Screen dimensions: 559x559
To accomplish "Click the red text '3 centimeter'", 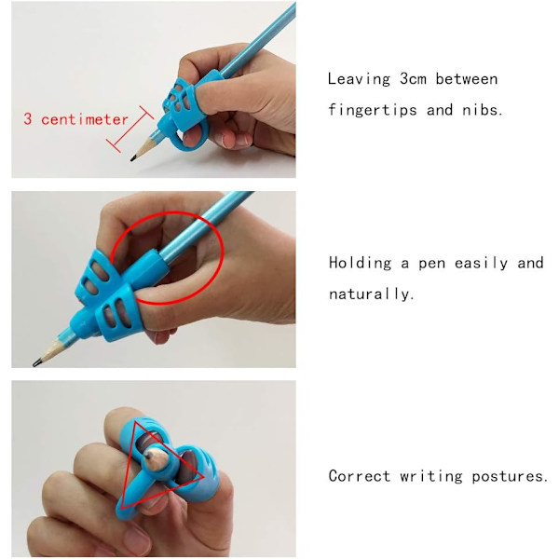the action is click(75, 119).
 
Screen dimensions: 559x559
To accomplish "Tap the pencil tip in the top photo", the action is click(132, 158).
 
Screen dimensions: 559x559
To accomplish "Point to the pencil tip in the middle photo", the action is click(36, 363).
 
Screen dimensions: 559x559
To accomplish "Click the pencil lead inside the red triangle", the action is click(149, 455).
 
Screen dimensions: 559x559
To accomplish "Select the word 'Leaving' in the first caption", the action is click(359, 79).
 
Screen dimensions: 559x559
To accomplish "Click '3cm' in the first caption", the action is click(413, 79).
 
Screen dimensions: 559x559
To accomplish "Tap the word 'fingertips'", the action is click(372, 110).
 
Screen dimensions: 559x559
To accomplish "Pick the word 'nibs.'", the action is click(482, 110).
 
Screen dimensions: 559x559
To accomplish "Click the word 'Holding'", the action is click(360, 263).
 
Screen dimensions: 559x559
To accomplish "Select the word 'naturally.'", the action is click(371, 293).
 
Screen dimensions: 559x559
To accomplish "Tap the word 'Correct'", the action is click(359, 476).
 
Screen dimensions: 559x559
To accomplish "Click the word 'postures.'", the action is click(510, 477).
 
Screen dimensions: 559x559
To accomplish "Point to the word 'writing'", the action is click(430, 477).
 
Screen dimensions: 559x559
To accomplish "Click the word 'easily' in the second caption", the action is click(481, 263).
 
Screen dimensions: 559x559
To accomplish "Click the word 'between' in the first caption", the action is click(467, 79).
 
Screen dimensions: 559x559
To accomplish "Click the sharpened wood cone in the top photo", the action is click(143, 149).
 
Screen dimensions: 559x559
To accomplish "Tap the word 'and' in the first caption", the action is click(440, 110).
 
